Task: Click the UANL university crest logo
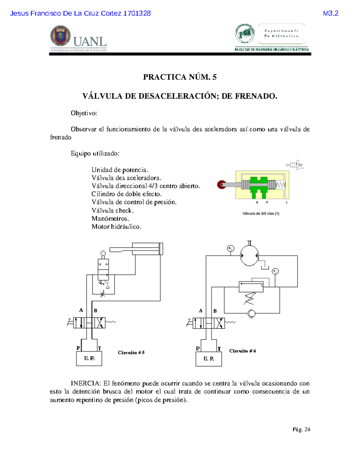[61, 36]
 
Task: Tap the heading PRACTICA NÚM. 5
[180, 77]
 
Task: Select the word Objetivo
[84, 113]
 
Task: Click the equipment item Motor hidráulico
[116, 227]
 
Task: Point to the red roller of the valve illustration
[222, 185]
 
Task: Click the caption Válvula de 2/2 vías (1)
[261, 214]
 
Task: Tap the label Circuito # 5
[131, 353]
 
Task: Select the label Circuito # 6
[242, 351]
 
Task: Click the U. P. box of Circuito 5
[89, 359]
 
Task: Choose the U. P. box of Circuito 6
[208, 359]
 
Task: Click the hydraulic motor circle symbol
[249, 256]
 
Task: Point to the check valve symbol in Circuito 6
[251, 313]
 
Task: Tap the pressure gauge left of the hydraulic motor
[230, 248]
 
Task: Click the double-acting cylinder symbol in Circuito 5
[147, 249]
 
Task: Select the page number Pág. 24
[301, 429]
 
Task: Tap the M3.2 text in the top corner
[331, 14]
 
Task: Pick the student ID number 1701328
[137, 14]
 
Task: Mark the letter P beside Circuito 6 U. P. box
[198, 348]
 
